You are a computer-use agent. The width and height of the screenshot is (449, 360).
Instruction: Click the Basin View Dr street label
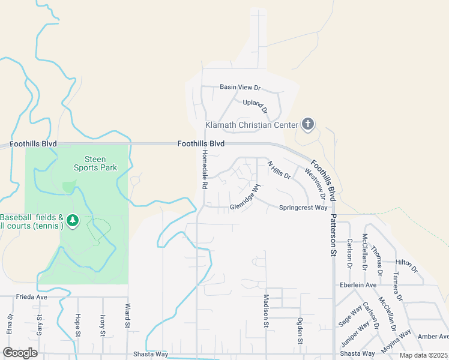(x=241, y=87)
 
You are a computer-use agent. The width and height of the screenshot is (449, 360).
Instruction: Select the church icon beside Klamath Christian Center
(x=307, y=124)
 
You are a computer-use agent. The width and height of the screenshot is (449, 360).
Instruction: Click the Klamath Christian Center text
(x=252, y=125)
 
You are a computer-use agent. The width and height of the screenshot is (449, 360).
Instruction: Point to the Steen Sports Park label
(x=95, y=163)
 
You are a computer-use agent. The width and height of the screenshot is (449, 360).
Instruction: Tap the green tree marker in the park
(x=73, y=221)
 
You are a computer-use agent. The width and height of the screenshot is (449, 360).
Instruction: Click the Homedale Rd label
(x=204, y=170)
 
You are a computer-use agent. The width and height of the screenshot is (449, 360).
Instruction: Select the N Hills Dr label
(x=279, y=170)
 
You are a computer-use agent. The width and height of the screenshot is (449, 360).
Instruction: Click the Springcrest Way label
(x=303, y=208)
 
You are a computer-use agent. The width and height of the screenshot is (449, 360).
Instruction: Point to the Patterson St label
(x=334, y=236)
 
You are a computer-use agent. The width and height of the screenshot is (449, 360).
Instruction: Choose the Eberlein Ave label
(x=358, y=284)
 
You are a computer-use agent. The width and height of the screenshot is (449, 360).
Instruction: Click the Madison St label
(x=265, y=311)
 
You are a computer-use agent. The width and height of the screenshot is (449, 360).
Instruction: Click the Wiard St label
(x=128, y=324)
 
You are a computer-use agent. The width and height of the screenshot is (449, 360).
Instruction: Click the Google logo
(x=20, y=352)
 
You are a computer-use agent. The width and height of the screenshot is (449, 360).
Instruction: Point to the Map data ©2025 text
(x=423, y=355)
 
